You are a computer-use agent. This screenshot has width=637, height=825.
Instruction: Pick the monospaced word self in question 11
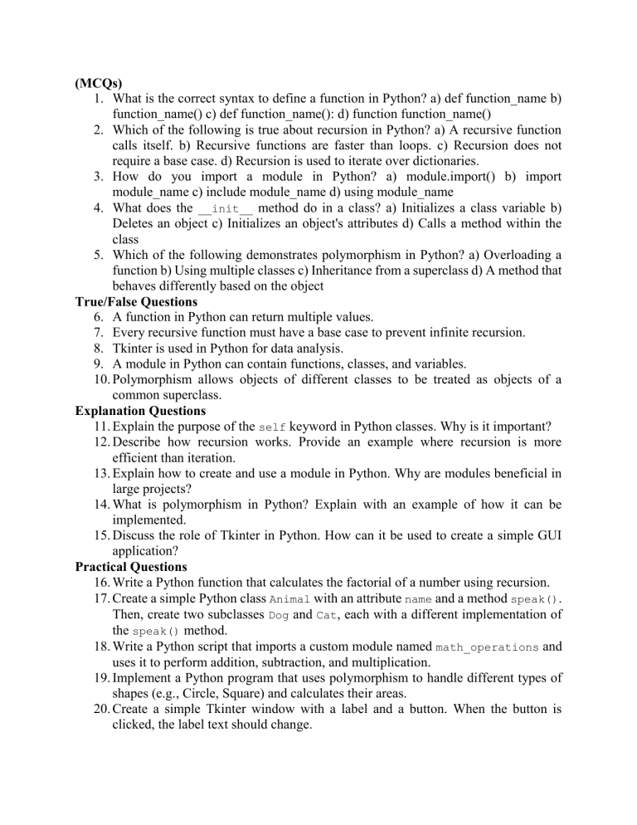(x=273, y=427)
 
